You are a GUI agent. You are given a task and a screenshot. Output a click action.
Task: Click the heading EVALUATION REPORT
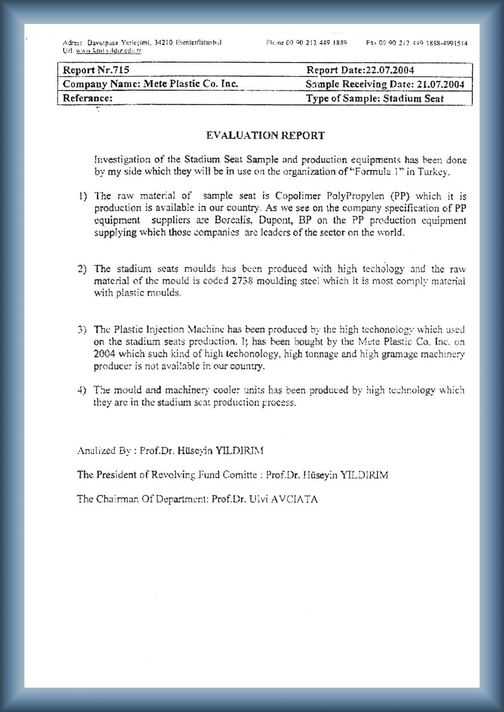265,136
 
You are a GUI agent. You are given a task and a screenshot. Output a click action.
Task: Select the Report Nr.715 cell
96,70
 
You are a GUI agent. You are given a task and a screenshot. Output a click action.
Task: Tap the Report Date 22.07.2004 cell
360,70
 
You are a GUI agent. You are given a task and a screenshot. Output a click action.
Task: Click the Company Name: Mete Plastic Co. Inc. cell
150,84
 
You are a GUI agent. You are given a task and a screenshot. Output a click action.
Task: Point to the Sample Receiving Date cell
385,84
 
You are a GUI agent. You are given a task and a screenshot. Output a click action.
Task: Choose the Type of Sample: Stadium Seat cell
375,98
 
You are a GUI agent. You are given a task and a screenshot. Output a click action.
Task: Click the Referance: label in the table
87,98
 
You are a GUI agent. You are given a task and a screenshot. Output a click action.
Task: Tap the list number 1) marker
83,196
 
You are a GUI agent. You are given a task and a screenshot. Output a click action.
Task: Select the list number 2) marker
83,269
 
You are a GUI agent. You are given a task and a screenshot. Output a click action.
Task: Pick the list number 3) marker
83,329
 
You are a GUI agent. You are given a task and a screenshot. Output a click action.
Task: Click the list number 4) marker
83,390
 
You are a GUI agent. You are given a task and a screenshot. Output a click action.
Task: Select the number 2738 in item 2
243,281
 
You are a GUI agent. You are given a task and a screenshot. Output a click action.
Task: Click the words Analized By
104,451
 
